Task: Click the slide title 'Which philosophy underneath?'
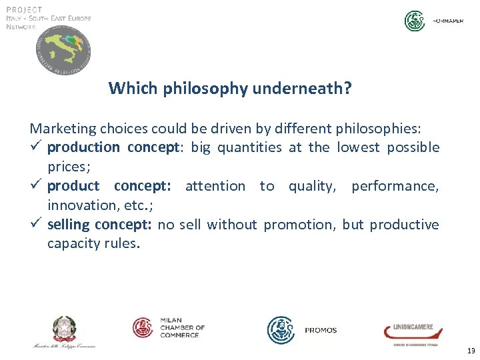[x=230, y=88]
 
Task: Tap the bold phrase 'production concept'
[x=114, y=147]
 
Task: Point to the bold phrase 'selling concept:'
[x=100, y=225]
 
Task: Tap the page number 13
[x=471, y=351]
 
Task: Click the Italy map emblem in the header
[x=63, y=52]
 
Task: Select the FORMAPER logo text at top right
[x=449, y=21]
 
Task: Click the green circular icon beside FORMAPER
[x=415, y=21]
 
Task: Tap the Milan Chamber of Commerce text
[x=181, y=327]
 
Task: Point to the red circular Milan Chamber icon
[x=143, y=327]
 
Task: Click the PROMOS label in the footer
[x=321, y=330]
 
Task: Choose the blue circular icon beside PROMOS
[x=281, y=329]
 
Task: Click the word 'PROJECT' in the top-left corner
[x=24, y=9]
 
